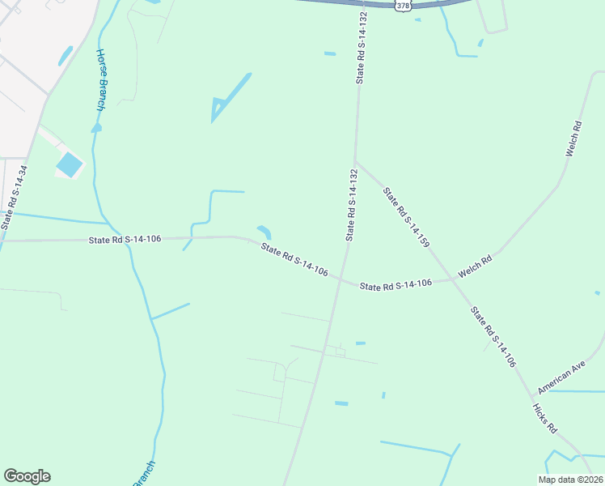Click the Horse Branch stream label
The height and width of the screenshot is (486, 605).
tap(101, 80)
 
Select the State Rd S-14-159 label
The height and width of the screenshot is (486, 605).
tap(405, 217)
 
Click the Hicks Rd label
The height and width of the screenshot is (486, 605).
tap(545, 416)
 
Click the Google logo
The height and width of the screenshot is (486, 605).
tap(27, 476)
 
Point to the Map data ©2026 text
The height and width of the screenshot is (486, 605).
tap(570, 480)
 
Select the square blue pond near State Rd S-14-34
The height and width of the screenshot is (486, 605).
tap(69, 165)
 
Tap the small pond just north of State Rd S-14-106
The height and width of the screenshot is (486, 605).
tap(264, 232)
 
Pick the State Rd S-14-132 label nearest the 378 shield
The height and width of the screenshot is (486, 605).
tap(362, 48)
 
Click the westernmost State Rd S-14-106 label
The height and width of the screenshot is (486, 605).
tap(125, 239)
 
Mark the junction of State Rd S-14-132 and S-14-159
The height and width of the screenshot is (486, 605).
tap(354, 160)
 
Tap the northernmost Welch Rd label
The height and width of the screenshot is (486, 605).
tap(574, 139)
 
